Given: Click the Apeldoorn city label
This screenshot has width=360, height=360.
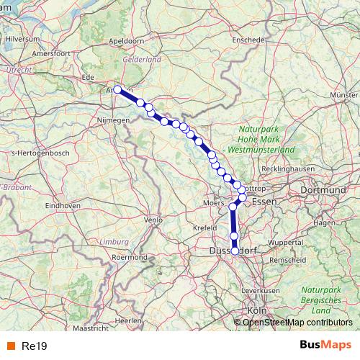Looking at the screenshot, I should (x=127, y=42).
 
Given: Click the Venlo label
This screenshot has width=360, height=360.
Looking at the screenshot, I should (x=153, y=220).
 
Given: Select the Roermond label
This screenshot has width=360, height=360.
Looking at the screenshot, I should (x=130, y=257).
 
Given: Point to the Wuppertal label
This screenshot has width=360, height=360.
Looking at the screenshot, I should (x=285, y=243).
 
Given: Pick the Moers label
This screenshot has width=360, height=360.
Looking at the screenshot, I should (x=215, y=204).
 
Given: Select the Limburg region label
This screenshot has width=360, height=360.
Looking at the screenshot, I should (x=114, y=242).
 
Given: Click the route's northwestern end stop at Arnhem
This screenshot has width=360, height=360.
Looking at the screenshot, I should (x=117, y=90).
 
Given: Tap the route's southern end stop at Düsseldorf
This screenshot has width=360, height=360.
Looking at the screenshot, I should (x=235, y=251).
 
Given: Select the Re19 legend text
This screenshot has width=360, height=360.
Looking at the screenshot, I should (x=35, y=346).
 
